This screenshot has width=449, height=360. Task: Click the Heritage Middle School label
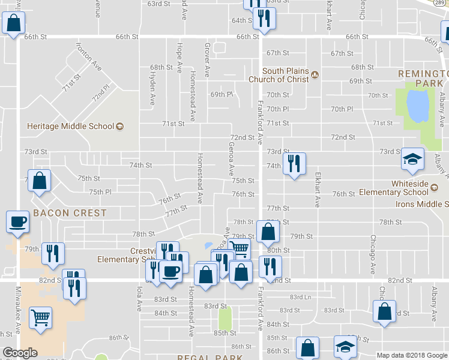click(x=70, y=126)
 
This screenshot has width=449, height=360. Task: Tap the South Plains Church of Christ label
click(x=279, y=75)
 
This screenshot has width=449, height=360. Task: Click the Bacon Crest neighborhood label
click(x=70, y=213)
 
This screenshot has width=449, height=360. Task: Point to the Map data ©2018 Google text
click(x=411, y=355)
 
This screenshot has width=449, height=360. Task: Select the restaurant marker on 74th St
click(x=294, y=163)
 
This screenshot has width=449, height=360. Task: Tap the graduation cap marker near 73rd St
click(x=412, y=160)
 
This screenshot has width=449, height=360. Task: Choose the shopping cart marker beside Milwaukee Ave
click(x=41, y=318)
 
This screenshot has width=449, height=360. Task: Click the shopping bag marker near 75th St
click(x=39, y=181)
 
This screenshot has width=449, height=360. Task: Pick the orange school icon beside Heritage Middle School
click(x=119, y=126)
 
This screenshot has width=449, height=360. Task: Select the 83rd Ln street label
click(x=301, y=297)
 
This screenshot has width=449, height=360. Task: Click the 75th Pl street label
click(x=100, y=191)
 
